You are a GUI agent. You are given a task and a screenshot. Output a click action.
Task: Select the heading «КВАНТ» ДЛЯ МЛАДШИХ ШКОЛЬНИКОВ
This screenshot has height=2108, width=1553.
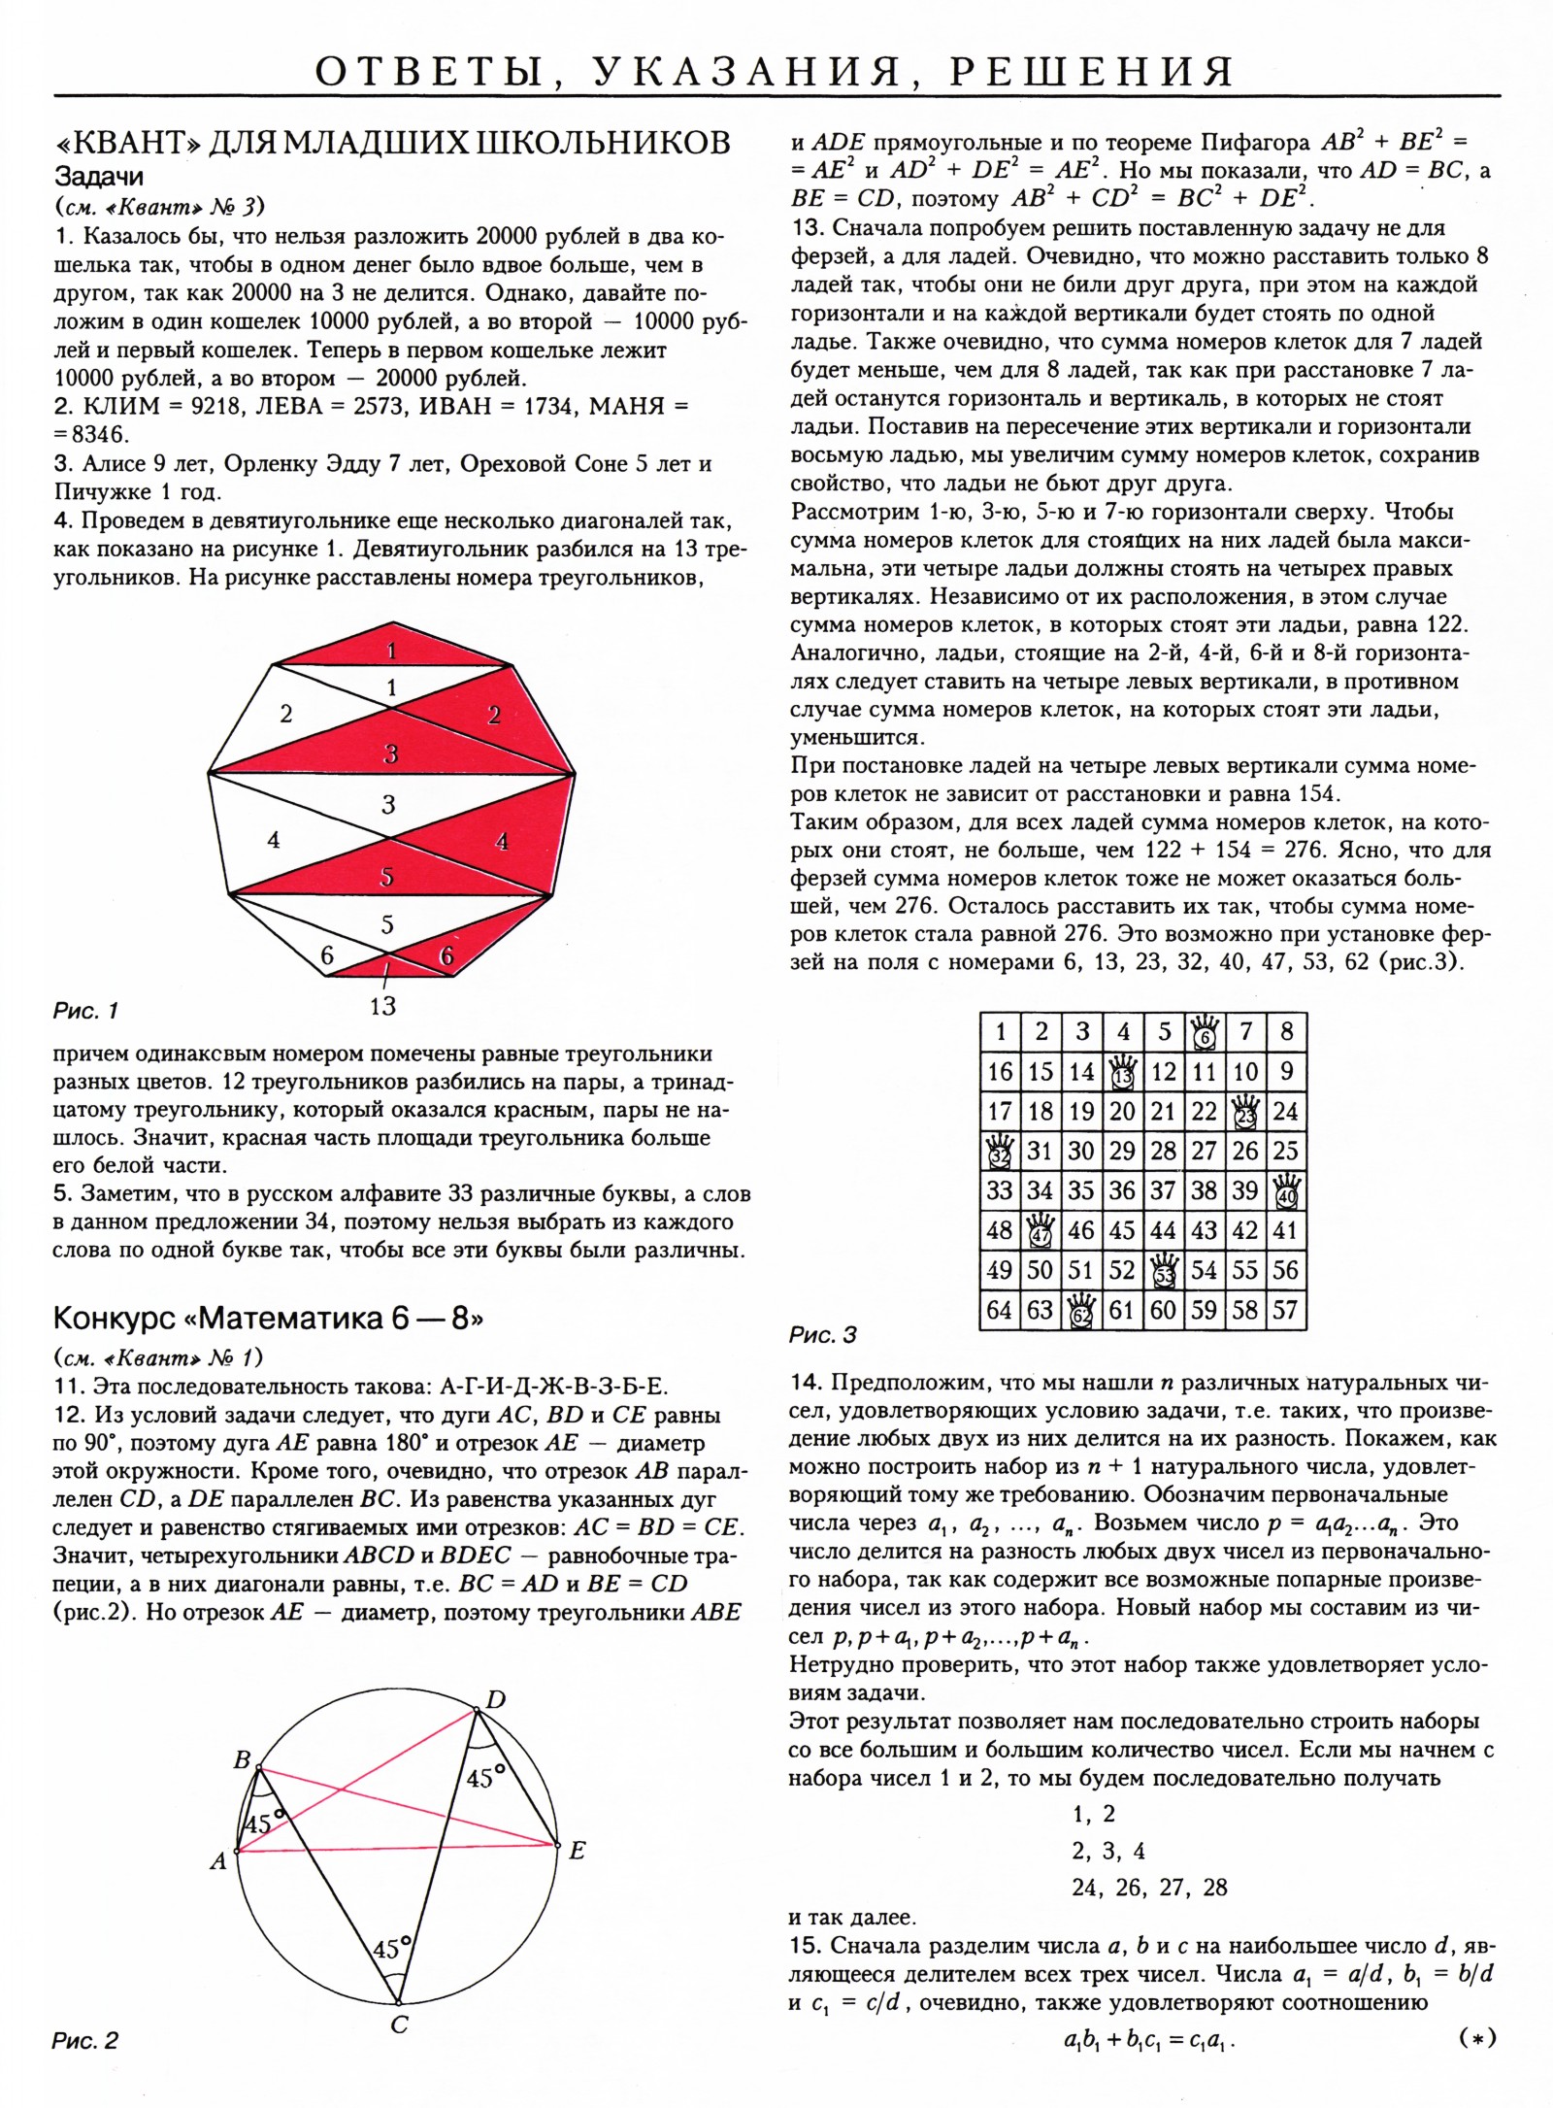[x=392, y=144]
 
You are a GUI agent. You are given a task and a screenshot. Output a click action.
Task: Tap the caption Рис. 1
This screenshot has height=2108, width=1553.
[x=85, y=1011]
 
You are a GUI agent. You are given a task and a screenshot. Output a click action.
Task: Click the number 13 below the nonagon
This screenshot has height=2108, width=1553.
[x=382, y=1005]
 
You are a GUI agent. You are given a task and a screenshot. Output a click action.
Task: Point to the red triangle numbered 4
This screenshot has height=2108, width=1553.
[x=501, y=842]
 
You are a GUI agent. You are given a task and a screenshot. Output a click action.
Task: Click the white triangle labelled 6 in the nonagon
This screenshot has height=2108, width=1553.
[x=327, y=955]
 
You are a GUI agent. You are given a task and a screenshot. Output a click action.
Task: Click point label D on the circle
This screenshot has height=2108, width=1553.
[x=495, y=1699]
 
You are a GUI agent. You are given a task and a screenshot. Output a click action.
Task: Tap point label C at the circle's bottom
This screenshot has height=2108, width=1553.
[x=399, y=2024]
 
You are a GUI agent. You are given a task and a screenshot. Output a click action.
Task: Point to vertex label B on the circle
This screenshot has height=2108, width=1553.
[x=243, y=1760]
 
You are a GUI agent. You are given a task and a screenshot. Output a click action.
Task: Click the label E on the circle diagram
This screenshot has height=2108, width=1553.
[x=577, y=1851]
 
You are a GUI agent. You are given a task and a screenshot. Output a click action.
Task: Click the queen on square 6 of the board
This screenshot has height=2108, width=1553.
[x=1204, y=1031]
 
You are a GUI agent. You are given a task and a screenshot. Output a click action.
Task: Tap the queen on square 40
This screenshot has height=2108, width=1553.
[x=1286, y=1190]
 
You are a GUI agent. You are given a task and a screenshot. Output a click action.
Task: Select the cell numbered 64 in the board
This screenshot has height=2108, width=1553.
[x=999, y=1310]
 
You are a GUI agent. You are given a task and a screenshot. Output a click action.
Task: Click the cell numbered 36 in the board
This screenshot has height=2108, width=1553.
[x=1122, y=1190]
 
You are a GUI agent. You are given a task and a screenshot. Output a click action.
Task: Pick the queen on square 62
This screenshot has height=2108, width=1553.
[x=1081, y=1310]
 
